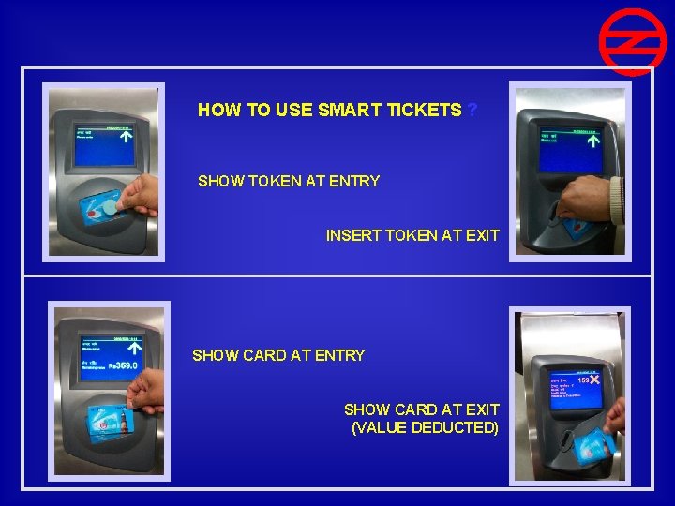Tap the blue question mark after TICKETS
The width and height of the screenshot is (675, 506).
[x=472, y=111]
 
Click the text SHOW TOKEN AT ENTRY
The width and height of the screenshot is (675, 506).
[x=289, y=181]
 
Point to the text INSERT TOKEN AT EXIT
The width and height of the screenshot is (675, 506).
[x=412, y=235]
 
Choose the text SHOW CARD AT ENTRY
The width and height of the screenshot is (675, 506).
[x=278, y=355]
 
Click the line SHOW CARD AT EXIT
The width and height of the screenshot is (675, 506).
[x=421, y=409]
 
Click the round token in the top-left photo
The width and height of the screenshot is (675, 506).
[x=111, y=206]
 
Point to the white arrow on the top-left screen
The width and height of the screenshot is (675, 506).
[x=124, y=135]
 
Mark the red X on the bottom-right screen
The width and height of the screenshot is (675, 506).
[x=594, y=380]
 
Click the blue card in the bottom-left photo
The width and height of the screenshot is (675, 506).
[x=111, y=422]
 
